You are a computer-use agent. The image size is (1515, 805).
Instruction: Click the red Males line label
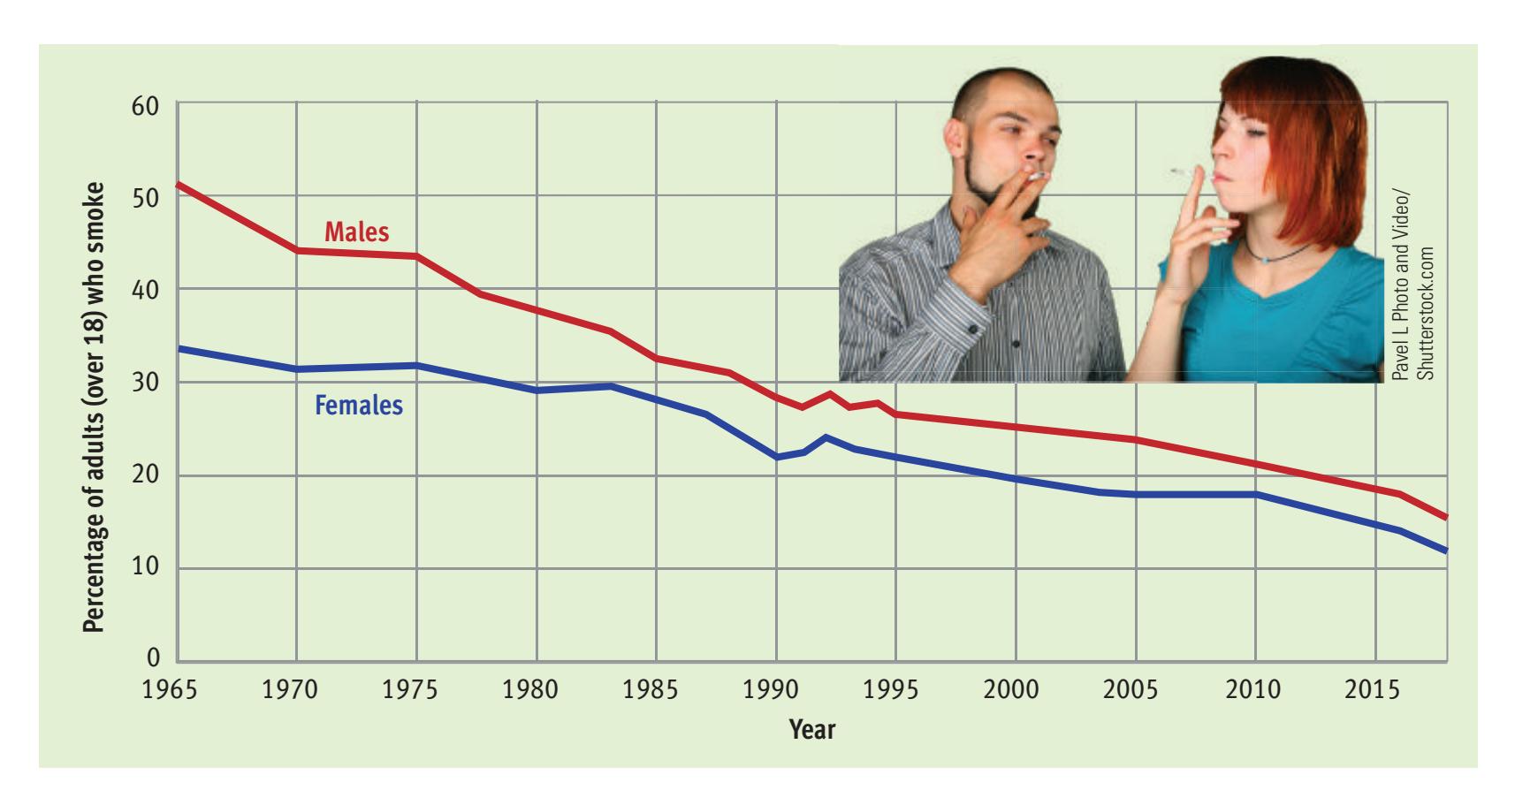(x=356, y=232)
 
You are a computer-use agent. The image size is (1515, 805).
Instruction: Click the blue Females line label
(x=358, y=406)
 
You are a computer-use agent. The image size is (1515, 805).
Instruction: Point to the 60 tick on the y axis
(x=146, y=107)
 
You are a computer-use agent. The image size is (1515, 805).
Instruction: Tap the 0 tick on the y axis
(x=154, y=658)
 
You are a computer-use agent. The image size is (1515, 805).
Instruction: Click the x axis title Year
(x=812, y=729)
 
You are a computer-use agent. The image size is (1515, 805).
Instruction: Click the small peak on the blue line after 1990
(x=826, y=437)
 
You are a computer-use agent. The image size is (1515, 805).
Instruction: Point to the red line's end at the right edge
(x=1446, y=517)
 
